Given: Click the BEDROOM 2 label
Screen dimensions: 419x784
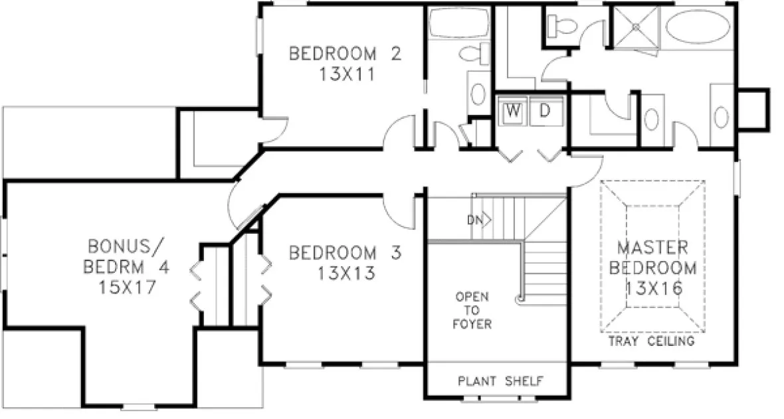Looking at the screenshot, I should [x=344, y=53].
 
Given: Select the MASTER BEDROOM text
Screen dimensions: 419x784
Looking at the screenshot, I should [x=653, y=258].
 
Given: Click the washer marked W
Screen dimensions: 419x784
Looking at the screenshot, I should [x=513, y=111].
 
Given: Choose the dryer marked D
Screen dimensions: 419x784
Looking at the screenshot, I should [x=545, y=111].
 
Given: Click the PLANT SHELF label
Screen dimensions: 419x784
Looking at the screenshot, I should [x=500, y=381].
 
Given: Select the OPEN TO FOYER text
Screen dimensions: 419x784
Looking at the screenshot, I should [x=473, y=310].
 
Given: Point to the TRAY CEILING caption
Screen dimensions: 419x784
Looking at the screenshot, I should [x=652, y=342].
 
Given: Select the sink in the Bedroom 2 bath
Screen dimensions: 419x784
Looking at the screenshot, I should [x=477, y=95].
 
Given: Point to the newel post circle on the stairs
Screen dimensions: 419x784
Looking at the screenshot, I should [x=520, y=300].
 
